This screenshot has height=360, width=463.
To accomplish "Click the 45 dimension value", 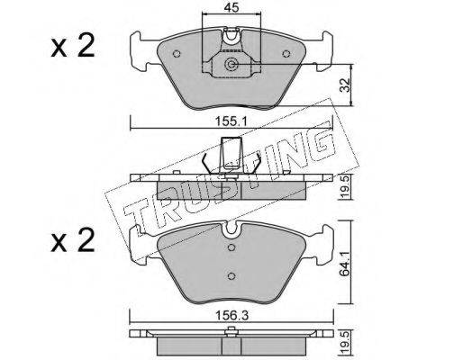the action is [231, 7].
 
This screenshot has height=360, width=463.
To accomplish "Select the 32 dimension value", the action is [347, 85].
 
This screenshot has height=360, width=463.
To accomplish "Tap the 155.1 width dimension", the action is [231, 121].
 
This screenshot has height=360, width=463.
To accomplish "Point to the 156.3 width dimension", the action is [231, 315].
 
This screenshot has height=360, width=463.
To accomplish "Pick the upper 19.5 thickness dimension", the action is [346, 187].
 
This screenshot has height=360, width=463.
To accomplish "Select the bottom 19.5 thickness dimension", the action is [346, 342].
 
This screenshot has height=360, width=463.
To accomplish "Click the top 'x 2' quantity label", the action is [73, 46].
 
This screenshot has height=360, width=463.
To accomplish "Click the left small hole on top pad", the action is [177, 54].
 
